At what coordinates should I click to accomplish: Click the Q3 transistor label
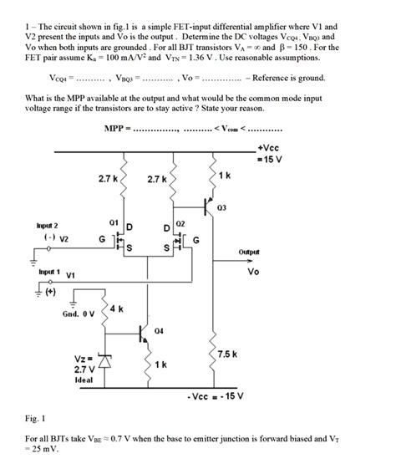pyautogui.click(x=221, y=207)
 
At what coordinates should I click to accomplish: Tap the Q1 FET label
pyautogui.click(x=114, y=222)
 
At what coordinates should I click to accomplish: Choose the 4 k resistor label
pyautogui.click(x=116, y=309)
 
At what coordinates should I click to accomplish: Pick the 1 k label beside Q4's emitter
pyautogui.click(x=160, y=365)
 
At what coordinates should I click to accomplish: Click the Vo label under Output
pyautogui.click(x=253, y=270)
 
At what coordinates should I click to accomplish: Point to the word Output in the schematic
pyautogui.click(x=249, y=252)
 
